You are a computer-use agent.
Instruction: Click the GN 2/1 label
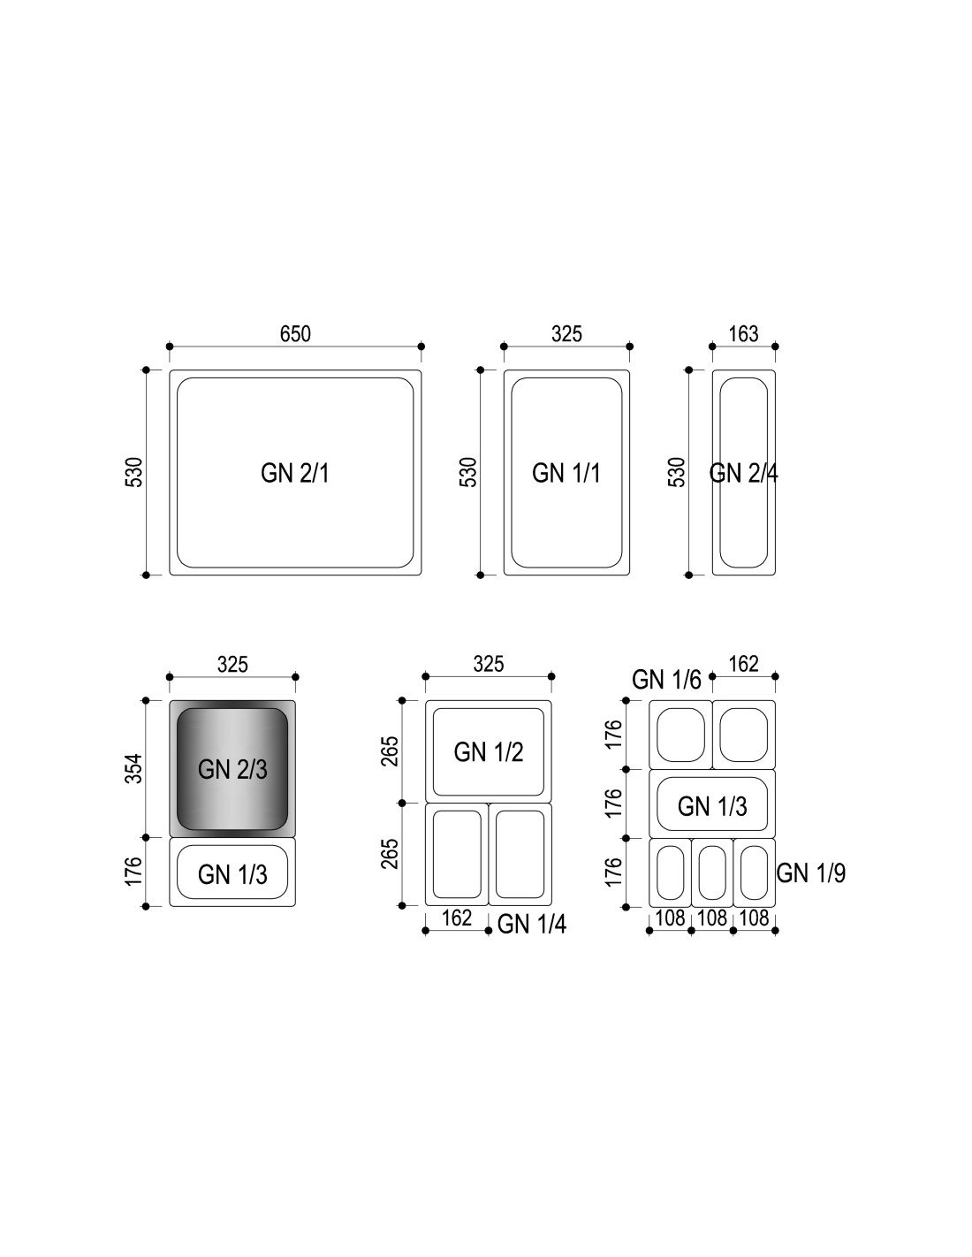295,473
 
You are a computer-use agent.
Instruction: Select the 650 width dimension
295,334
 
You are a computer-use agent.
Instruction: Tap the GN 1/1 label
566,473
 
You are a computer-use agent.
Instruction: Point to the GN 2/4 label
743,473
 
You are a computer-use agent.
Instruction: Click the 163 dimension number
743,334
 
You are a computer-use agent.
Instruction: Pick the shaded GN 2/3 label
232,769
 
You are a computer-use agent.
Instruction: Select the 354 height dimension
133,769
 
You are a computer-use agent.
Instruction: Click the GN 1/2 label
489,752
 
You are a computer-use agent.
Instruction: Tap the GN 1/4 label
531,924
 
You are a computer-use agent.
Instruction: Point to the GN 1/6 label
666,680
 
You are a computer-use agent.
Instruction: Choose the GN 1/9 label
810,872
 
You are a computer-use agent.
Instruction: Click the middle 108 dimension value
712,918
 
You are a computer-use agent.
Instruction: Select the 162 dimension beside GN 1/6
744,664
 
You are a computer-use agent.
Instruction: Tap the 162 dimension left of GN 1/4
457,918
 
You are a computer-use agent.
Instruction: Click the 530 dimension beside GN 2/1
133,472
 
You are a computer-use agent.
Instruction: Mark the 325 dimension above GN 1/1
566,334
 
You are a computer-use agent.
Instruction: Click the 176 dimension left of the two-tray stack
133,871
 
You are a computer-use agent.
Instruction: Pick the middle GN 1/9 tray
712,872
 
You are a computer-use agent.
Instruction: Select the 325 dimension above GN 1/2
489,664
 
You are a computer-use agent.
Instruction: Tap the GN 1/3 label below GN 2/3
232,874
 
